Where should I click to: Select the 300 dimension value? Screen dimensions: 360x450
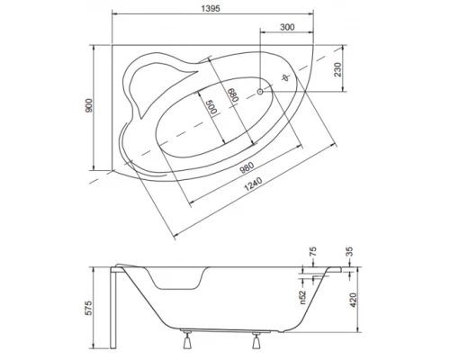pyautogui.click(x=286, y=27)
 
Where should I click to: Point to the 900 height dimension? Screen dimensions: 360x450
pyautogui.click(x=87, y=107)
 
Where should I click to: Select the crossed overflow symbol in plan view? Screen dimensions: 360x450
pyautogui.click(x=287, y=79)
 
